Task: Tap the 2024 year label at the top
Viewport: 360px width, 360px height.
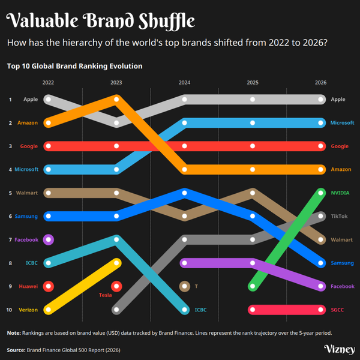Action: click(185, 82)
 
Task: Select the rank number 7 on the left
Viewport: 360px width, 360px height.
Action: click(10, 239)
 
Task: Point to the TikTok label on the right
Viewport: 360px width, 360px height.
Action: click(339, 216)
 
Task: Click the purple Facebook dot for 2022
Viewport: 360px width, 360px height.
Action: click(49, 239)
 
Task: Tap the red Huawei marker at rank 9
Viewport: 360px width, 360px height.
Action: click(49, 286)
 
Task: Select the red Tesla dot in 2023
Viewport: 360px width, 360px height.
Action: click(116, 286)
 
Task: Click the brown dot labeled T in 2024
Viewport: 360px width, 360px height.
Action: click(185, 286)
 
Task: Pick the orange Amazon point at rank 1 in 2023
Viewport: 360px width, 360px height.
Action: click(116, 100)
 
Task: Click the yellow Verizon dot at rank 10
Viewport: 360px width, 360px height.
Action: click(49, 310)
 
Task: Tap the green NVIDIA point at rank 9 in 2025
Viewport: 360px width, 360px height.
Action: click(253, 286)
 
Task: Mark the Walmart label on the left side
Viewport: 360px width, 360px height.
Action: click(28, 193)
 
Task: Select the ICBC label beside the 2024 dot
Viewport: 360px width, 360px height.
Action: click(200, 310)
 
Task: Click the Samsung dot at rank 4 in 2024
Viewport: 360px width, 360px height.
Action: click(185, 193)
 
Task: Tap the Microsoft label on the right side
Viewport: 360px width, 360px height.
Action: click(342, 123)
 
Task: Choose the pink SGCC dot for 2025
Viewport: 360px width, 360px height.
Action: click(253, 310)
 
